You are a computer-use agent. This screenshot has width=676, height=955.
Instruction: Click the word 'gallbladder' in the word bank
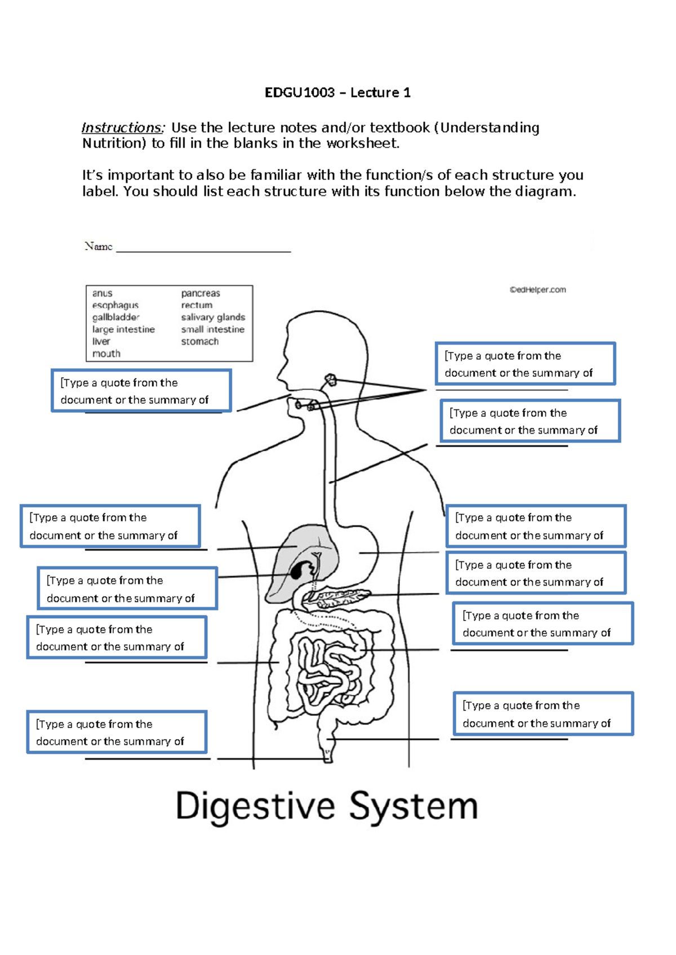pos(115,318)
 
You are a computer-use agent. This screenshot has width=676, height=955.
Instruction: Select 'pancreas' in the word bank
pos(200,293)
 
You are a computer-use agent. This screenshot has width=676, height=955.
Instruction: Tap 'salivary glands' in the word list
pos(212,318)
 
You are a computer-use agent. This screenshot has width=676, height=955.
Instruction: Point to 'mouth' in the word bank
pos(106,354)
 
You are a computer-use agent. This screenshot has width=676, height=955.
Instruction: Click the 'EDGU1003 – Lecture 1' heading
pos(337,93)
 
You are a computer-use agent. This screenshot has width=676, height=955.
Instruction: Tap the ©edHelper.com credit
pos(537,290)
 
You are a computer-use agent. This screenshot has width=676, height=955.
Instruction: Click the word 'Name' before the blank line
pos(98,246)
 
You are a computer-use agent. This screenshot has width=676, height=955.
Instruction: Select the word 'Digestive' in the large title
pos(255,806)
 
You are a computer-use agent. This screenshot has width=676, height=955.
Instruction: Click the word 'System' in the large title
pos(413,806)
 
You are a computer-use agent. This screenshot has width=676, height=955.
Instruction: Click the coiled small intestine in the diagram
pos(327,670)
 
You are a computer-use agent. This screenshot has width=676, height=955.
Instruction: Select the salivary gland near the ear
pos(331,381)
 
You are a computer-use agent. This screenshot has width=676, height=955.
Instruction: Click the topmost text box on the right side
pos(524,364)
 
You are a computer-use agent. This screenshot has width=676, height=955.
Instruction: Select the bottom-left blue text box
pos(117,732)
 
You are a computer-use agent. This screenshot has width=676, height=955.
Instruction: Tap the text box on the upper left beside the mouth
pos(141,391)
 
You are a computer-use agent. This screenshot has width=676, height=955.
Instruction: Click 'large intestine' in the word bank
pos(123,329)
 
